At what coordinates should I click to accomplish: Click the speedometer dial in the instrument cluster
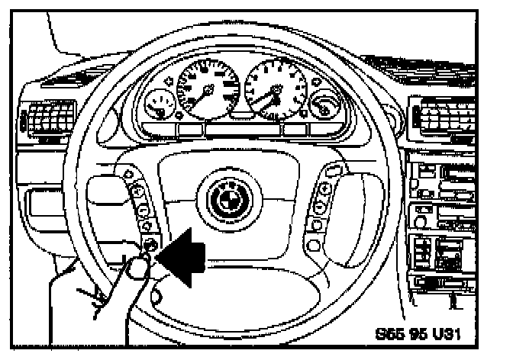207,89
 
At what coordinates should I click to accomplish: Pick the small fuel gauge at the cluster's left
160,104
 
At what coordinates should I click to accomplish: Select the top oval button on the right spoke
333,169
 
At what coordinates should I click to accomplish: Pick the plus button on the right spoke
326,188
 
